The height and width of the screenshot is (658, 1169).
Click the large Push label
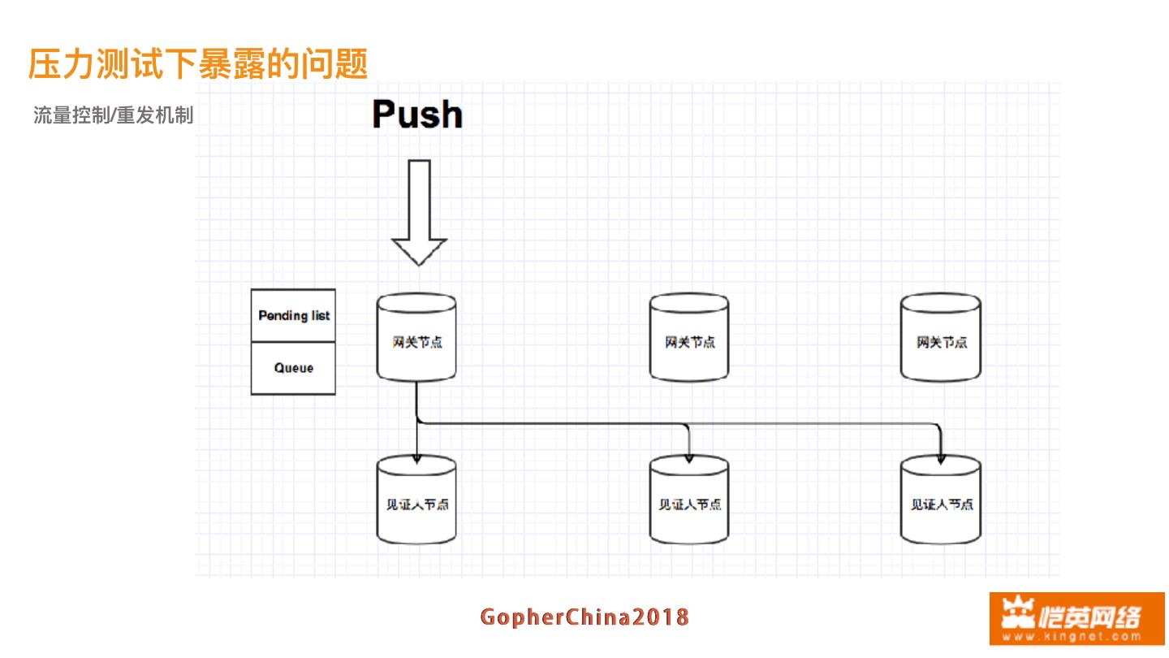click(x=417, y=115)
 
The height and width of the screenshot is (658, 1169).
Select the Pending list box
click(x=293, y=316)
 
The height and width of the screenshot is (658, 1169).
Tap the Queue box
click(x=293, y=369)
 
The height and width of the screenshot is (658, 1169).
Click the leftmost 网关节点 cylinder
click(x=416, y=338)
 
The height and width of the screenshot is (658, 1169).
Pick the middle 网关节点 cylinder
click(x=689, y=338)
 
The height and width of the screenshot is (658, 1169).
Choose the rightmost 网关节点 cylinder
click(x=941, y=338)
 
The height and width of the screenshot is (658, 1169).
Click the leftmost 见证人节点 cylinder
click(x=416, y=502)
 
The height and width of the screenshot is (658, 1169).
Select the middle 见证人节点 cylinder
click(x=689, y=502)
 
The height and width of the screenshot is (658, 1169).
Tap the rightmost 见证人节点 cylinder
click(x=941, y=502)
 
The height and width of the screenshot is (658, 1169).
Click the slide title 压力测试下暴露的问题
click(x=198, y=63)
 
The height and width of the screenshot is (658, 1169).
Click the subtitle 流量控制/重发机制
click(x=113, y=115)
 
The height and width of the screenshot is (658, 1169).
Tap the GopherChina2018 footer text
click(x=584, y=617)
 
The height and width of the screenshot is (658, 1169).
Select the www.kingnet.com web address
click(x=1076, y=637)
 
